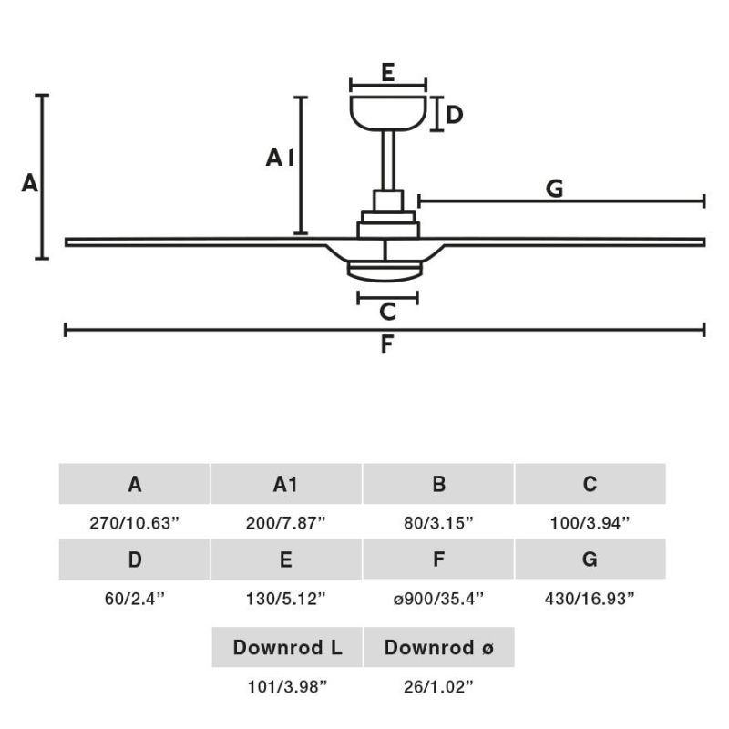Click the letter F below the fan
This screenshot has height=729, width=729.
click(x=386, y=345)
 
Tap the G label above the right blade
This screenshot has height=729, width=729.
click(x=554, y=189)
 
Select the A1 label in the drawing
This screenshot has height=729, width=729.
click(x=280, y=159)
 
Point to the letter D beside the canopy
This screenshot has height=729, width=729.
click(x=455, y=115)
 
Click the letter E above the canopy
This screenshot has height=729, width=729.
click(x=387, y=73)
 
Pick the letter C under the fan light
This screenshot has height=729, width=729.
click(x=387, y=312)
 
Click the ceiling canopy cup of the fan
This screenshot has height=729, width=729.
click(x=388, y=112)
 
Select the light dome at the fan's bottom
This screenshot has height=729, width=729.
click(x=386, y=270)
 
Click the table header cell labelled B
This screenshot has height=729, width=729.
click(x=438, y=484)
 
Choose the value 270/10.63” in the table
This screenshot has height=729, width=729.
click(x=135, y=523)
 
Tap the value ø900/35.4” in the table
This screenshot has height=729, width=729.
click(x=438, y=599)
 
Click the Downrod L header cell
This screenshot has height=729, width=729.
click(x=287, y=648)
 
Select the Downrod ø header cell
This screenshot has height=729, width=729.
click(x=438, y=648)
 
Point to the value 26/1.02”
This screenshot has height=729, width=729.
click(x=438, y=686)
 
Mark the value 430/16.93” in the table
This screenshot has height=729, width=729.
click(x=590, y=599)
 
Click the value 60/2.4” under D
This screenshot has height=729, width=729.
click(x=135, y=599)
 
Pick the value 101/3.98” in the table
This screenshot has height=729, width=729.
click(x=287, y=686)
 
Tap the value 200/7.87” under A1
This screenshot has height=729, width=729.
click(x=287, y=523)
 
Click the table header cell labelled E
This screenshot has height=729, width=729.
click(x=287, y=560)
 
